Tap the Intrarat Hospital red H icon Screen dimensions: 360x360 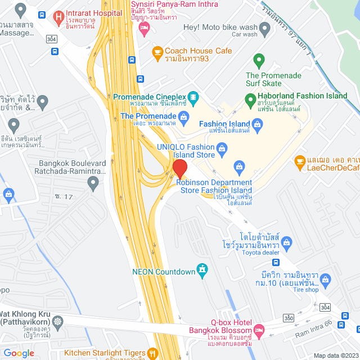(58, 17)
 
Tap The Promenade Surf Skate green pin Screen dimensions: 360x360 (259, 59)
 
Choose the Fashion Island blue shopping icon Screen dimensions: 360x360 (258, 128)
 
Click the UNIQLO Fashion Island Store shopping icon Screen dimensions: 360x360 (222, 149)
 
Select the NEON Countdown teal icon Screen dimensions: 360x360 (201, 271)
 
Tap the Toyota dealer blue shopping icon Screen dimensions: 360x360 (287, 242)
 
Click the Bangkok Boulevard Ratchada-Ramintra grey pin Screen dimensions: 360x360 (93, 181)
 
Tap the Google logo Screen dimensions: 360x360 (19, 353)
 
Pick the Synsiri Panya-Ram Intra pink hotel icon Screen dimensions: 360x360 (145, 28)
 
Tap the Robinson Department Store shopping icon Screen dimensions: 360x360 (239, 166)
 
